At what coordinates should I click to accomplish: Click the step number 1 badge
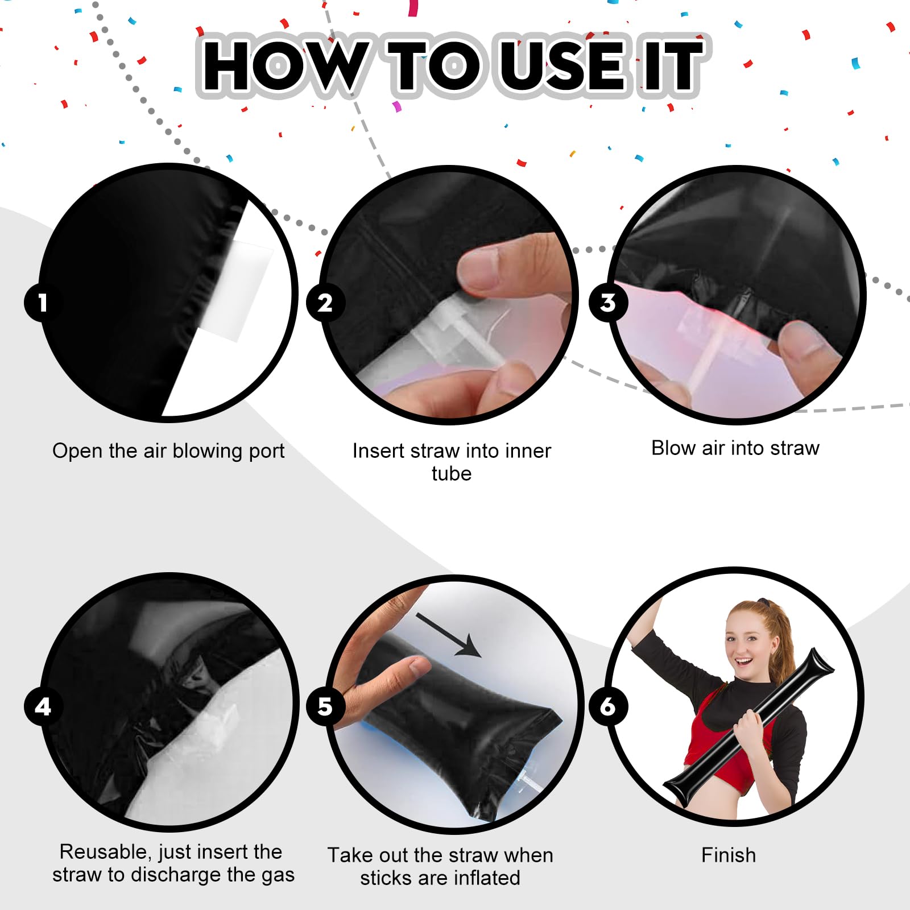tap(42, 303)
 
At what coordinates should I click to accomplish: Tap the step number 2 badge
tap(325, 303)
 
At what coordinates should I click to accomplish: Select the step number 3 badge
tap(607, 303)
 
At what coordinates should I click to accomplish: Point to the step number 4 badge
tap(42, 706)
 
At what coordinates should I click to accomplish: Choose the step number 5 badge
tap(325, 706)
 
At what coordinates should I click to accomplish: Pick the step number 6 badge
tap(607, 706)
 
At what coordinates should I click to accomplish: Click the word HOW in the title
tap(284, 66)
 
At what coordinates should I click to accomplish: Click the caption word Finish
tap(729, 855)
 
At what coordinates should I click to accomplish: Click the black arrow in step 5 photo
tap(448, 635)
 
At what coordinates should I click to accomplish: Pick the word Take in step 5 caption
tap(350, 855)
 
